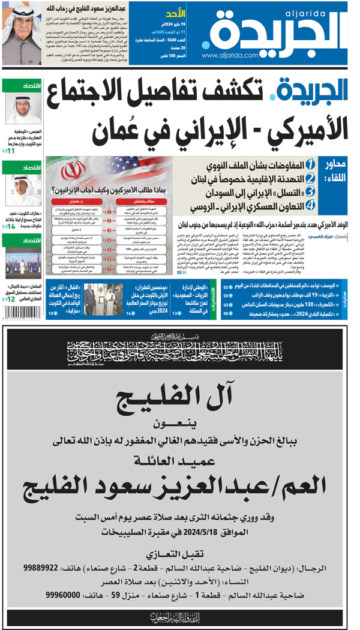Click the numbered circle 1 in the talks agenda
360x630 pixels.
(310, 164)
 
